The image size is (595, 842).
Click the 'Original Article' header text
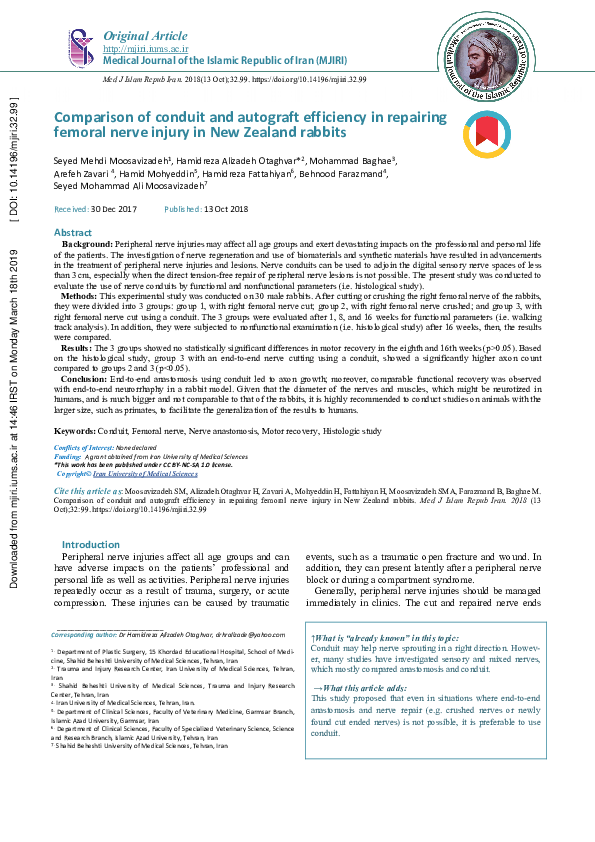coord(146,36)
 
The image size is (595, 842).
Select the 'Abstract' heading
coord(72,232)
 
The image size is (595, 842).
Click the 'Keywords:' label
coord(76,458)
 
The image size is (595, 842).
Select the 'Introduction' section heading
coord(91,545)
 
